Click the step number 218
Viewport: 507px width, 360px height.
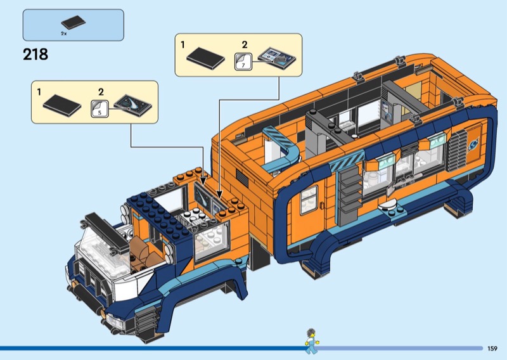tap(35, 55)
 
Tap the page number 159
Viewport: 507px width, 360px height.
tap(492, 349)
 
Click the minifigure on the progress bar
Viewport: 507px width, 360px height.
tap(311, 341)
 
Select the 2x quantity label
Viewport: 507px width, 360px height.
tap(64, 34)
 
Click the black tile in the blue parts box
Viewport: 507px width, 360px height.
tap(74, 22)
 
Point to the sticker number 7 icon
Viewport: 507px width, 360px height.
tap(243, 61)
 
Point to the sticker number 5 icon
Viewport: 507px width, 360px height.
tap(99, 108)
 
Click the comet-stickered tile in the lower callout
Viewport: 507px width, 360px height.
tap(133, 105)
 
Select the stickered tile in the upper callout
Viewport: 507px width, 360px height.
tap(277, 58)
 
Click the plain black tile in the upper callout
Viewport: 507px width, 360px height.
tap(205, 58)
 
